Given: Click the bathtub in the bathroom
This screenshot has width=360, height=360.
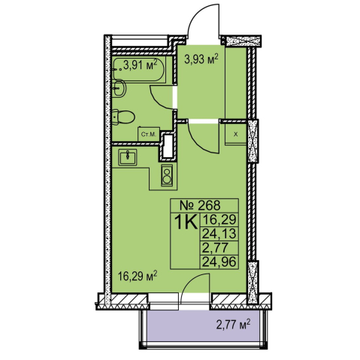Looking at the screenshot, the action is point(139,69).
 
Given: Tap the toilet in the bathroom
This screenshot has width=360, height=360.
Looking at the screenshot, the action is point(123,117).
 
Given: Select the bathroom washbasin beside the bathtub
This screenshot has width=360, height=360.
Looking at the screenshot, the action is point(119,88).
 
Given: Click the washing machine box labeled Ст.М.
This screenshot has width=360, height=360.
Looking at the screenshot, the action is point(149,135).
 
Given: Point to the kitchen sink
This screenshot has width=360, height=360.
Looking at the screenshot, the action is point(128,157).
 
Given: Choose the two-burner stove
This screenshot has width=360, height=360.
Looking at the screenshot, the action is point(167,175).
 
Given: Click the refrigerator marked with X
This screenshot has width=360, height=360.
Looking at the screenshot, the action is point(235,135).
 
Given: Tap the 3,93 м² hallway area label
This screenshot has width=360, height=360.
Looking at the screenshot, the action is point(201,59).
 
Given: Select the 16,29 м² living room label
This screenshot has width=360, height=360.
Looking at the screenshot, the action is point(138,277).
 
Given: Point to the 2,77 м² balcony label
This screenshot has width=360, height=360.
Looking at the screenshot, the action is point(233,325).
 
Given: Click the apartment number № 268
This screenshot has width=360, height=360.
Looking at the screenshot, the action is point(201,206).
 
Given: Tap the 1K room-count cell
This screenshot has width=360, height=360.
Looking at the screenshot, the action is point(186,222).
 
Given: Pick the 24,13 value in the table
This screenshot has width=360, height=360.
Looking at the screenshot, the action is point(219,234).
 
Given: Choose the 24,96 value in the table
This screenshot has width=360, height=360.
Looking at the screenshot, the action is point(219,262).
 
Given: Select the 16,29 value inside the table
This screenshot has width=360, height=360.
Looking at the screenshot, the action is point(219,219).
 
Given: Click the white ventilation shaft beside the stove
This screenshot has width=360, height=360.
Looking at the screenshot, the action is point(168,147).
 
